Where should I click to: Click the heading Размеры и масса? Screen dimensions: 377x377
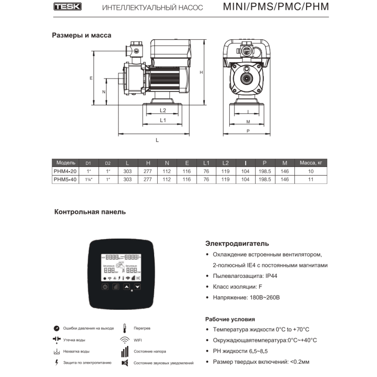(x=81, y=36)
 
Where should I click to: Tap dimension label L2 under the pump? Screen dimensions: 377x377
(x=163, y=110)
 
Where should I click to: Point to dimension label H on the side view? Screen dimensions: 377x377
(x=201, y=72)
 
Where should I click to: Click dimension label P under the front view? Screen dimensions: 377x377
(x=248, y=131)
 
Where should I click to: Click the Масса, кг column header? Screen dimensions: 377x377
(x=311, y=163)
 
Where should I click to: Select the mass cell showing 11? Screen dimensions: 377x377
(x=311, y=179)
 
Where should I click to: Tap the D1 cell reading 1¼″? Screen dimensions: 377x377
(x=88, y=180)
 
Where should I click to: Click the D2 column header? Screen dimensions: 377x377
(x=108, y=163)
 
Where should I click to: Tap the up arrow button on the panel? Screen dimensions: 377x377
(x=127, y=287)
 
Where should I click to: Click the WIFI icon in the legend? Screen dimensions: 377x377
(x=124, y=340)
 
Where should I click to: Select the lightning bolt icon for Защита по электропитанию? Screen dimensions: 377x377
(x=57, y=363)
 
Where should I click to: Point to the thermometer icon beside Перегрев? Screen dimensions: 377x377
(x=124, y=328)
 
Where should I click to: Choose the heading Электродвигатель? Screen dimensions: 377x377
(x=237, y=244)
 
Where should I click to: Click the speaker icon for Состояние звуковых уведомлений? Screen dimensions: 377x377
(x=124, y=363)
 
